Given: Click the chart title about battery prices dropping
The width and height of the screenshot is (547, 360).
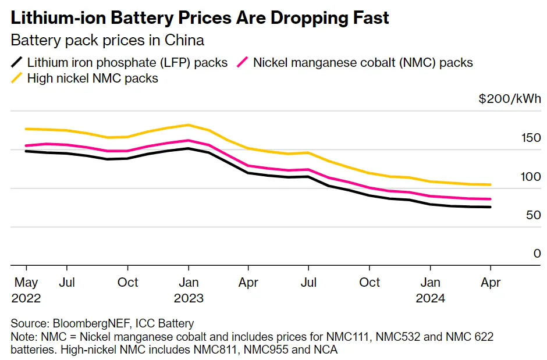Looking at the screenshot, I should point(200,18).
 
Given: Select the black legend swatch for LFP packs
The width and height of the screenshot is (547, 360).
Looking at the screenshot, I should point(17,62).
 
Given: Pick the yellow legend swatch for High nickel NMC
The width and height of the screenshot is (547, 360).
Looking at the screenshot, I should point(17,78).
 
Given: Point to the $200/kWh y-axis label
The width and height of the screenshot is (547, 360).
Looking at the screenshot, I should point(510,99).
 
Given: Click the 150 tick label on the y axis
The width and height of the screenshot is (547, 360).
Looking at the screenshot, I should point(531,138).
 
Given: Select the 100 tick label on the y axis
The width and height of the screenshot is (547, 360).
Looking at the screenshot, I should point(531,176).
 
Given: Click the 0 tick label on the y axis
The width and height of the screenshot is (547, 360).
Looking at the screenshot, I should point(537,254).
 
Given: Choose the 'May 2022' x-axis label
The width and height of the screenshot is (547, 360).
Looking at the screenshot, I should point(26,290).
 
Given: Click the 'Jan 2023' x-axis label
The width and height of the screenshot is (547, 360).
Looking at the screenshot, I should point(188,290).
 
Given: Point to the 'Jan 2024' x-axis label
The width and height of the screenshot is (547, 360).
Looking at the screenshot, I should point(430,290).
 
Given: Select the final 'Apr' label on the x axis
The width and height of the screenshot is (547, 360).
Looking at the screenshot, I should point(490,283).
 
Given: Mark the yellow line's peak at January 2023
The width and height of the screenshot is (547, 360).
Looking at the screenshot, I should point(188,125).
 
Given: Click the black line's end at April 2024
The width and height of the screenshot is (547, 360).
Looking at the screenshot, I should point(490,207).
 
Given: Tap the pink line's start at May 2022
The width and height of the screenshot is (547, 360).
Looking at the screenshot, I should point(27,146).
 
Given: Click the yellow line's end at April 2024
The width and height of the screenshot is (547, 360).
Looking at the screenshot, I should point(490,185).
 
